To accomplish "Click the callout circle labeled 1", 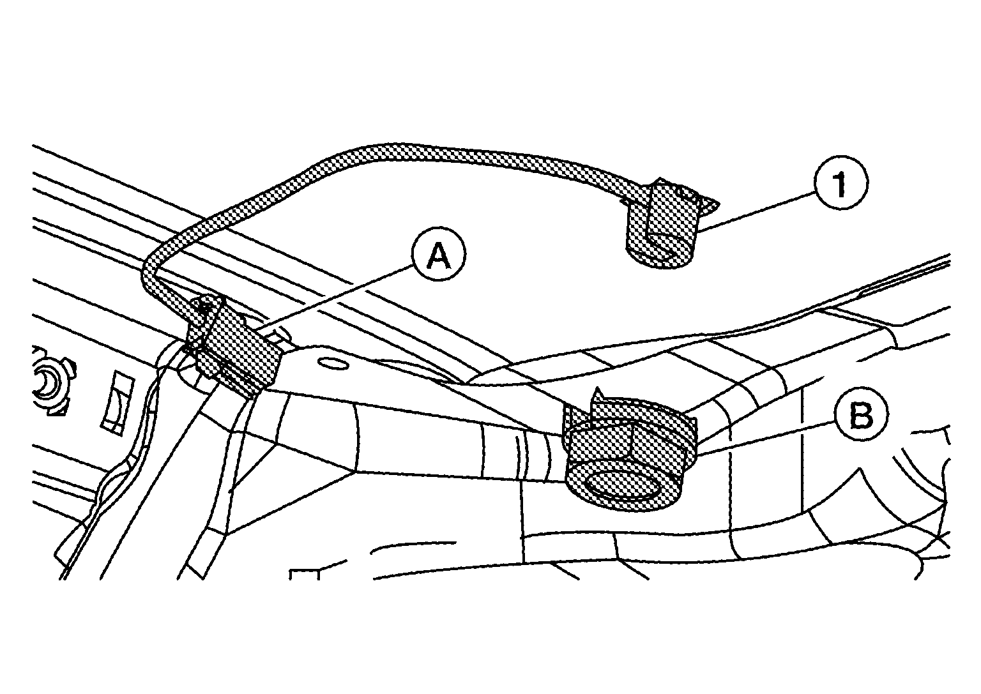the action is point(840,183).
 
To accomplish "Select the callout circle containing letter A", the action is point(439,254).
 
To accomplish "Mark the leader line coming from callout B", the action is point(766,438).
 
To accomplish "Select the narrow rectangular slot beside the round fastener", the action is point(118,404).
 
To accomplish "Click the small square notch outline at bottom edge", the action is point(305,574).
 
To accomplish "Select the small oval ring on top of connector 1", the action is point(683,192).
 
